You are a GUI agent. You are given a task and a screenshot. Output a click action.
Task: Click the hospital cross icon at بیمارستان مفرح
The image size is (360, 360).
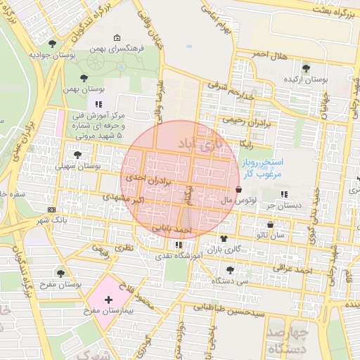pos(108,300)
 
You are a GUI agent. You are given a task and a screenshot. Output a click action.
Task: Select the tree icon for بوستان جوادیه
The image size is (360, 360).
pos(51,44)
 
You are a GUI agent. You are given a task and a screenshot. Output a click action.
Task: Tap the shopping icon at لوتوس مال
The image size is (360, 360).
pos(239,189)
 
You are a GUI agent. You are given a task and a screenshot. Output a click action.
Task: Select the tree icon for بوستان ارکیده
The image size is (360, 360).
pos(305,68)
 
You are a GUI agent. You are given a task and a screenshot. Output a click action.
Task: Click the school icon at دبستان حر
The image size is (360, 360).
pos(284,194)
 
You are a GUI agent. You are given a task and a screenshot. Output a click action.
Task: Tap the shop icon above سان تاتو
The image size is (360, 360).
pos(270,225)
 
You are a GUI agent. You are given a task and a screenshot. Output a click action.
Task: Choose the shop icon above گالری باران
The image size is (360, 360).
pos(224,239)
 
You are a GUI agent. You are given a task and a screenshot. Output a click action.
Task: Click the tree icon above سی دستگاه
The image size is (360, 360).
pos(230,269)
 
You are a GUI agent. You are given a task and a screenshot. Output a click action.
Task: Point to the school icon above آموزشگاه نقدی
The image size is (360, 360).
pos(179,245)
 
